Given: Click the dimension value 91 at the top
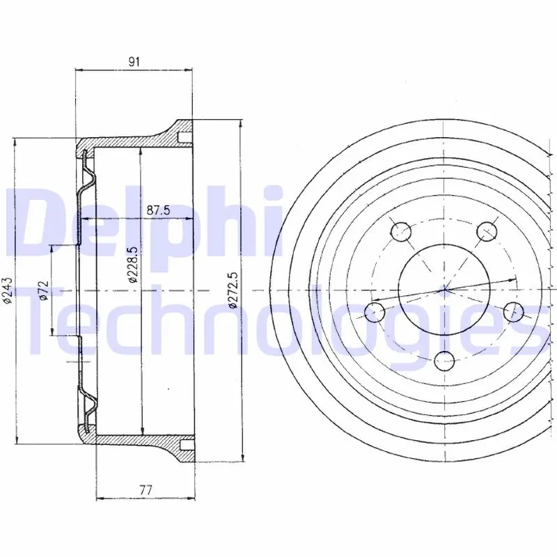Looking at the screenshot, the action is [x=134, y=61].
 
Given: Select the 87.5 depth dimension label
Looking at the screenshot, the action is [x=159, y=210].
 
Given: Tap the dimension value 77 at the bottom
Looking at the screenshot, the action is [x=146, y=490].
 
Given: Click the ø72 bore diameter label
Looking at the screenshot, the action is [x=43, y=290].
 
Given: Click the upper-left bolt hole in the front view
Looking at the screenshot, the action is [x=401, y=232].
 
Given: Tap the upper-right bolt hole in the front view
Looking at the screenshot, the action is [x=486, y=232].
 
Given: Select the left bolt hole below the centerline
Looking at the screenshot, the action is [x=375, y=313].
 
